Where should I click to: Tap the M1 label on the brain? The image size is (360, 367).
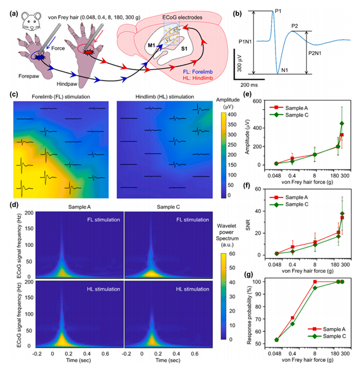pos(151,44)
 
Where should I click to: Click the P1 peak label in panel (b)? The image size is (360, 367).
pos(278,11)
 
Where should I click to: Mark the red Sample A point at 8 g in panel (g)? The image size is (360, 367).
pos(315,281)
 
